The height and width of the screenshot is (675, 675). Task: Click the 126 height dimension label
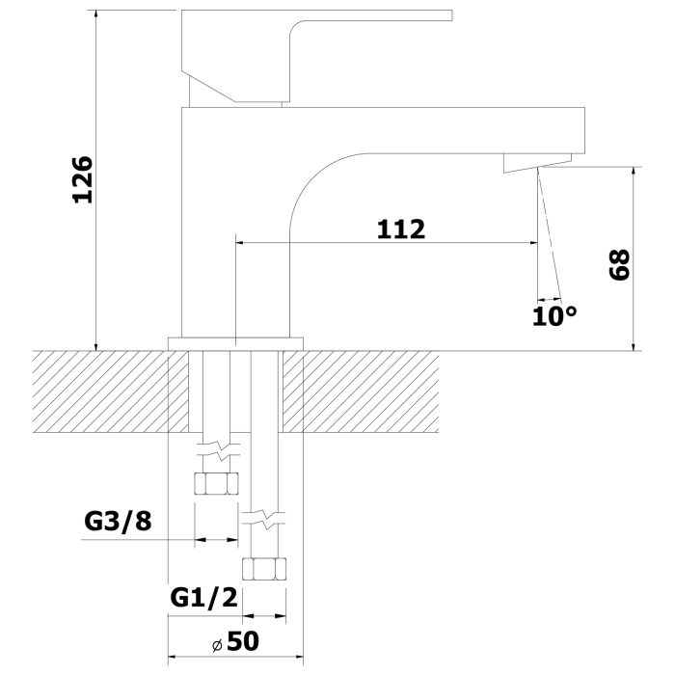pyautogui.click(x=83, y=178)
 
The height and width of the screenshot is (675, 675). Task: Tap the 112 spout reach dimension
pyautogui.click(x=400, y=229)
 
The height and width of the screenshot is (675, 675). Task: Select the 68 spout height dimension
pyautogui.click(x=619, y=264)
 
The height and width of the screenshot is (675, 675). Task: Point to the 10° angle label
pyautogui.click(x=554, y=314)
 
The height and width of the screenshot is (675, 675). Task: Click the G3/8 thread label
pyautogui.click(x=119, y=522)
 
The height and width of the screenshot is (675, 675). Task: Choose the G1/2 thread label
pyautogui.click(x=203, y=597)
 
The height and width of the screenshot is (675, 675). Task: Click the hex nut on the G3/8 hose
pyautogui.click(x=217, y=482)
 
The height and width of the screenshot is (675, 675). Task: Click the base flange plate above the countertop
pyautogui.click(x=235, y=342)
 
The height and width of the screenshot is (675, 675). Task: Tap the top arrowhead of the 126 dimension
pyautogui.click(x=96, y=17)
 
